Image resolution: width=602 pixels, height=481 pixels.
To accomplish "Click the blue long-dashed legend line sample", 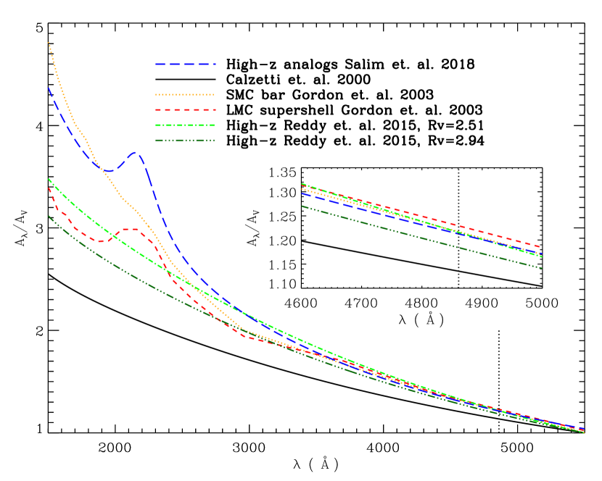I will (185, 64).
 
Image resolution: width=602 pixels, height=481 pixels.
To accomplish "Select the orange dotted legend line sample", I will (185, 94).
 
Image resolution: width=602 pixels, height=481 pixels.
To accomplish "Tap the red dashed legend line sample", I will (185, 109).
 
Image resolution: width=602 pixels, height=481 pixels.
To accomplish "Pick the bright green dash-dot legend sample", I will (185, 125).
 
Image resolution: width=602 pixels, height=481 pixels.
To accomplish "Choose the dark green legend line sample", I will (185, 141).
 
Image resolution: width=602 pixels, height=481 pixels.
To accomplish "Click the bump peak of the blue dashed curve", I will (134, 152).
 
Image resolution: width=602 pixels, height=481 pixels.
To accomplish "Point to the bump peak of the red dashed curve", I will (131, 229).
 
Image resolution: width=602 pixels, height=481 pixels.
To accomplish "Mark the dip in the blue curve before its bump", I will (108, 171).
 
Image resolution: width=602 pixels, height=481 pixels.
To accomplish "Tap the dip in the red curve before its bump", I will (102, 241).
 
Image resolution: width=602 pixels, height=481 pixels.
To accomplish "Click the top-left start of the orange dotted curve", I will (49, 43).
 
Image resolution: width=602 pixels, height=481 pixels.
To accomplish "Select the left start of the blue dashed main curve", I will (49, 88).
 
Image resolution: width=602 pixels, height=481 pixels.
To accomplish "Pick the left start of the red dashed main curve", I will (49, 188).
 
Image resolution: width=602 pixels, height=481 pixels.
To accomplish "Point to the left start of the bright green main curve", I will (49, 178).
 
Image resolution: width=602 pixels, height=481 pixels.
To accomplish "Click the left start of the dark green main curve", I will (49, 216).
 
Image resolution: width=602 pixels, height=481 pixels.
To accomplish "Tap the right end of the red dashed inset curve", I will (541, 247).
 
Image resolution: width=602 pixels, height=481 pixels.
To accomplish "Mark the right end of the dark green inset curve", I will (542, 268).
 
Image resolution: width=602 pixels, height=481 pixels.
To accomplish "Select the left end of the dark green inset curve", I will (302, 206).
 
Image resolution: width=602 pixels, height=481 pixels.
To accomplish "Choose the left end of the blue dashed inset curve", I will (302, 193).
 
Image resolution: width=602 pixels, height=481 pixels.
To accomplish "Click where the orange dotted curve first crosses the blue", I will (94, 162).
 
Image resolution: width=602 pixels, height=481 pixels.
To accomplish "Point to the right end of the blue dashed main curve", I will (584, 429).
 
